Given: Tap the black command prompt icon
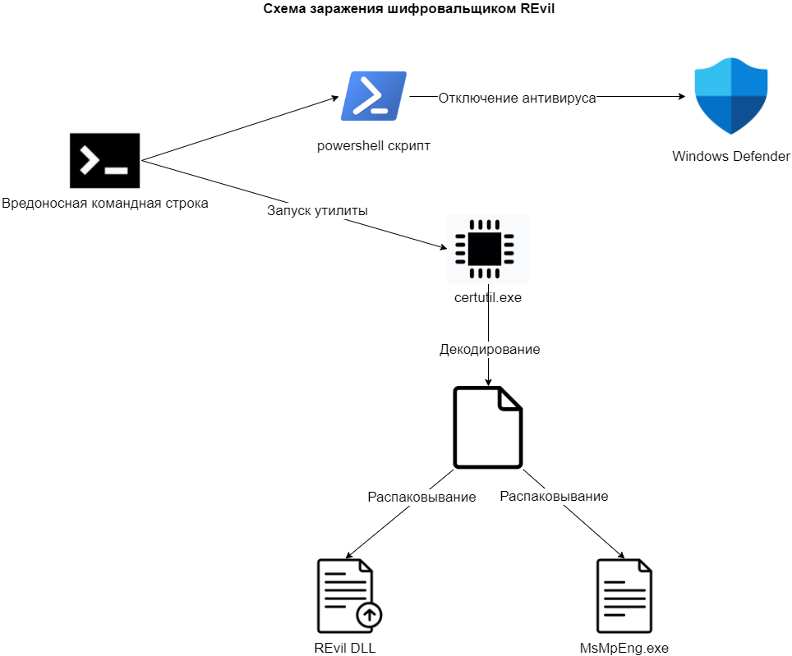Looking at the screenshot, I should point(104,161).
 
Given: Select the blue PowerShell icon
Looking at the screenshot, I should point(374,96).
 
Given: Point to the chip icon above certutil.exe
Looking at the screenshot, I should point(487,249).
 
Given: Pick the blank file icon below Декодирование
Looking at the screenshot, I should point(488,427).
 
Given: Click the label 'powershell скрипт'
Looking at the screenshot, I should point(374,145).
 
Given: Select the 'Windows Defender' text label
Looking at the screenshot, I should point(731,156).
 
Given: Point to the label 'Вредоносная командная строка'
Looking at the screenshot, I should point(104,203).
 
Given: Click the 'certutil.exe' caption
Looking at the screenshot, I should point(488,297).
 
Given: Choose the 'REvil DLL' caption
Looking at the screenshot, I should point(345,648).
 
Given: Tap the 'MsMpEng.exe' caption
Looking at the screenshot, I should point(624,648).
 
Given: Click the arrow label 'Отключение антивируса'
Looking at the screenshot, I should point(517,99).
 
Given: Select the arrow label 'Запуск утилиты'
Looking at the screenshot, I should point(317,210).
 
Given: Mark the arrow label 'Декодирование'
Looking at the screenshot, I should point(490,349).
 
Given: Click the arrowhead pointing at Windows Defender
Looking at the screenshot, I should point(681,97).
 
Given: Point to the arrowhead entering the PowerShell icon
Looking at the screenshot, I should point(335,98).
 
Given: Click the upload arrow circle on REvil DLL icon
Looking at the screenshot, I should point(369,613).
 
